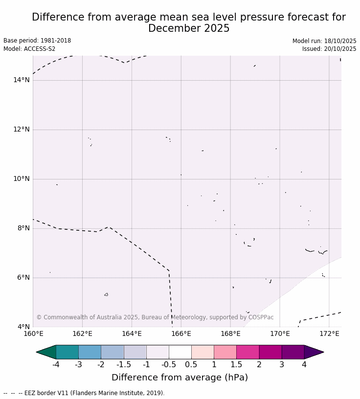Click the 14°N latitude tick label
click(x=21, y=80)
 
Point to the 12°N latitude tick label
click(x=21, y=130)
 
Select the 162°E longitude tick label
click(x=82, y=334)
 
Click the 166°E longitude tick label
click(x=181, y=334)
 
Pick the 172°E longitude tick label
click(x=329, y=334)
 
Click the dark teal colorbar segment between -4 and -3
click(x=67, y=352)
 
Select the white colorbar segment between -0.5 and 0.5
click(x=180, y=352)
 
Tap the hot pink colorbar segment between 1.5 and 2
click(x=247, y=352)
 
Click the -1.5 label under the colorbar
click(x=124, y=365)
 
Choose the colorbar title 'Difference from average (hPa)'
click(x=180, y=377)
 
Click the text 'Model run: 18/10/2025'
click(x=324, y=41)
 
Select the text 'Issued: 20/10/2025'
click(x=329, y=49)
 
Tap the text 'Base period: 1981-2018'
click(x=37, y=41)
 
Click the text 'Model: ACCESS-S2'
click(x=29, y=49)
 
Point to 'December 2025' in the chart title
click(x=189, y=28)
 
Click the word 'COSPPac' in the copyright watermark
click(x=262, y=317)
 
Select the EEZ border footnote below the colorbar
click(x=84, y=393)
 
